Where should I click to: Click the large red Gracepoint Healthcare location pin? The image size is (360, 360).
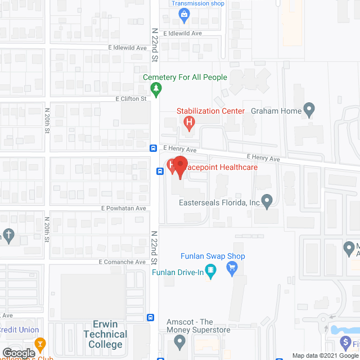179,166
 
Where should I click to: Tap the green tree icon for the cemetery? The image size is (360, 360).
156,88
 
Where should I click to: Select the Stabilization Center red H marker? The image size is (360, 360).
190,121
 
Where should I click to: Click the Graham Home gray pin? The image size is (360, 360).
308,109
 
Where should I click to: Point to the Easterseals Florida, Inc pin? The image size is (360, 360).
267,200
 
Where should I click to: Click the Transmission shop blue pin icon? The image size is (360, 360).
183,15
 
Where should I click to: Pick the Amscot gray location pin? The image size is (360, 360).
179,340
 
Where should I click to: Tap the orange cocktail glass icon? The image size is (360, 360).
40,343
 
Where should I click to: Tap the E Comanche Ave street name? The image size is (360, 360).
123,262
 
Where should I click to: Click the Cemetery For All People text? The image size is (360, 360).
185,77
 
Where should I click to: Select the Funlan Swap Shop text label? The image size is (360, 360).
213,256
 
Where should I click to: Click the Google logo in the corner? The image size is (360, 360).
18,354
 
